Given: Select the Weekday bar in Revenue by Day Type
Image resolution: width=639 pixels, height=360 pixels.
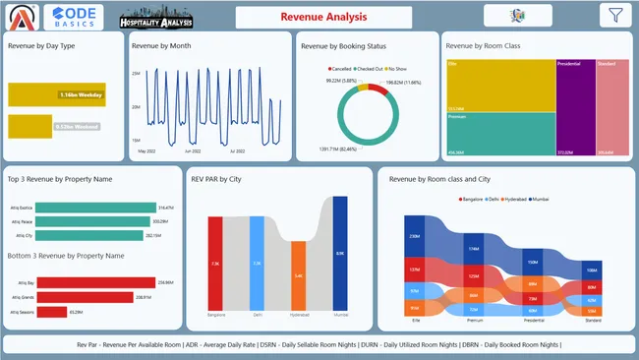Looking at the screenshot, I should pyautogui.click(x=56, y=94).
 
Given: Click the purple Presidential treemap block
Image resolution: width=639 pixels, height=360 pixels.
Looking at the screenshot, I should pyautogui.click(x=575, y=107).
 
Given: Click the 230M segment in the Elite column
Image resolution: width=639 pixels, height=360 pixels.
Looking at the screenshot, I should pyautogui.click(x=414, y=237).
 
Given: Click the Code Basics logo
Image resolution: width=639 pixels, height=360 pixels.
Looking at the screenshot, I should pyautogui.click(x=73, y=17).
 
